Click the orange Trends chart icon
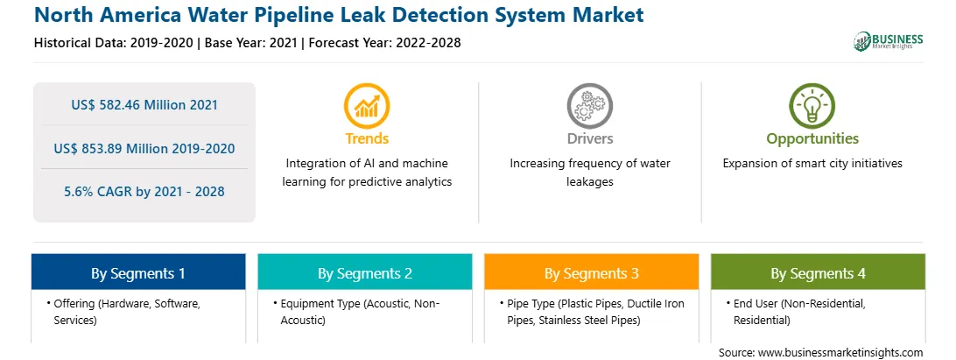[367, 106]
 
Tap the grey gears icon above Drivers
[589, 106]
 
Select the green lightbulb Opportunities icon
[812, 106]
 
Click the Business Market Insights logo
[889, 41]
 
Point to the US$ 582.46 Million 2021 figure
[144, 105]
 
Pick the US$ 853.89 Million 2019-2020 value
[144, 148]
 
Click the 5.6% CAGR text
[144, 192]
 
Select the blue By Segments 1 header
[138, 272]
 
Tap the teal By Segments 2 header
[364, 272]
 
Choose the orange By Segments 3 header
[592, 272]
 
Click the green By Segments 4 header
[819, 272]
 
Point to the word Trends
[367, 138]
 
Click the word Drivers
[590, 138]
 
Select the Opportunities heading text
[812, 139]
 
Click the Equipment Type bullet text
[356, 312]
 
